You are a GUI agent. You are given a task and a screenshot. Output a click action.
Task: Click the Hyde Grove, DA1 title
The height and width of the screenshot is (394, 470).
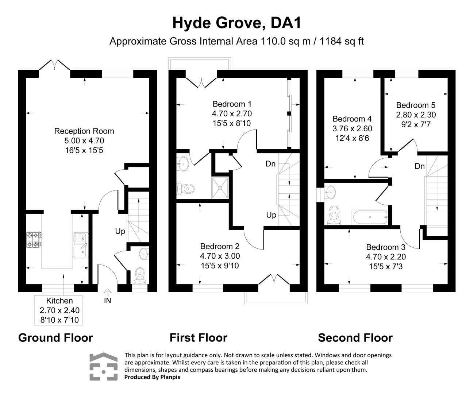[x=237, y=23]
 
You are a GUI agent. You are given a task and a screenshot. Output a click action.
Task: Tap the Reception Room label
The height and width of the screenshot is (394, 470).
[x=84, y=131]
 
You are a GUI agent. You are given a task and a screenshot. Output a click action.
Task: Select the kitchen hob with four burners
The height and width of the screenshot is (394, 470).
[x=34, y=240]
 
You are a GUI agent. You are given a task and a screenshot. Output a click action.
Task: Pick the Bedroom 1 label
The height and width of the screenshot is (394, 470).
[x=232, y=104]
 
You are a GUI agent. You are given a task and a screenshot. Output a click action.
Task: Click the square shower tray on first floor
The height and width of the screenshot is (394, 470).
[x=220, y=188]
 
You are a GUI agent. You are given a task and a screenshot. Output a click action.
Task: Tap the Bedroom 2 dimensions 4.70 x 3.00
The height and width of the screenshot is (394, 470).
[x=220, y=256]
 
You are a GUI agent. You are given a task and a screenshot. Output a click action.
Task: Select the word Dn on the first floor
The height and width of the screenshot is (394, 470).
[x=270, y=164]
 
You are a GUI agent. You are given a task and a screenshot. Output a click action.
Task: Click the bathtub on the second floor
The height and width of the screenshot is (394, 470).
[x=370, y=217]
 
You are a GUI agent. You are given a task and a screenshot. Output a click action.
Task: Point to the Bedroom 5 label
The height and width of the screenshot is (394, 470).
[x=416, y=105]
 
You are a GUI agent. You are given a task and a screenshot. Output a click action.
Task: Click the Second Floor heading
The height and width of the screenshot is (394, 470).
[x=355, y=338]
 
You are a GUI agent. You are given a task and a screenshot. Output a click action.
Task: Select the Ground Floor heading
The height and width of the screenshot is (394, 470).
[x=55, y=338]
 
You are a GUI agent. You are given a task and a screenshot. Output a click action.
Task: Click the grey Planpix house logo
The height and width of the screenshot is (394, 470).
[x=104, y=367]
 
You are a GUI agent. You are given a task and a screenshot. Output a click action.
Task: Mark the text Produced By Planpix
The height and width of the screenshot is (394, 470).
[x=152, y=377]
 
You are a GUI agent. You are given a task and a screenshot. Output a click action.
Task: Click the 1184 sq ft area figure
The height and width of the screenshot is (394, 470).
[x=342, y=41]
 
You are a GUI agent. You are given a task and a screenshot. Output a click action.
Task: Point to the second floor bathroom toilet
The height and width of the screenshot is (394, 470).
[x=334, y=215]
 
